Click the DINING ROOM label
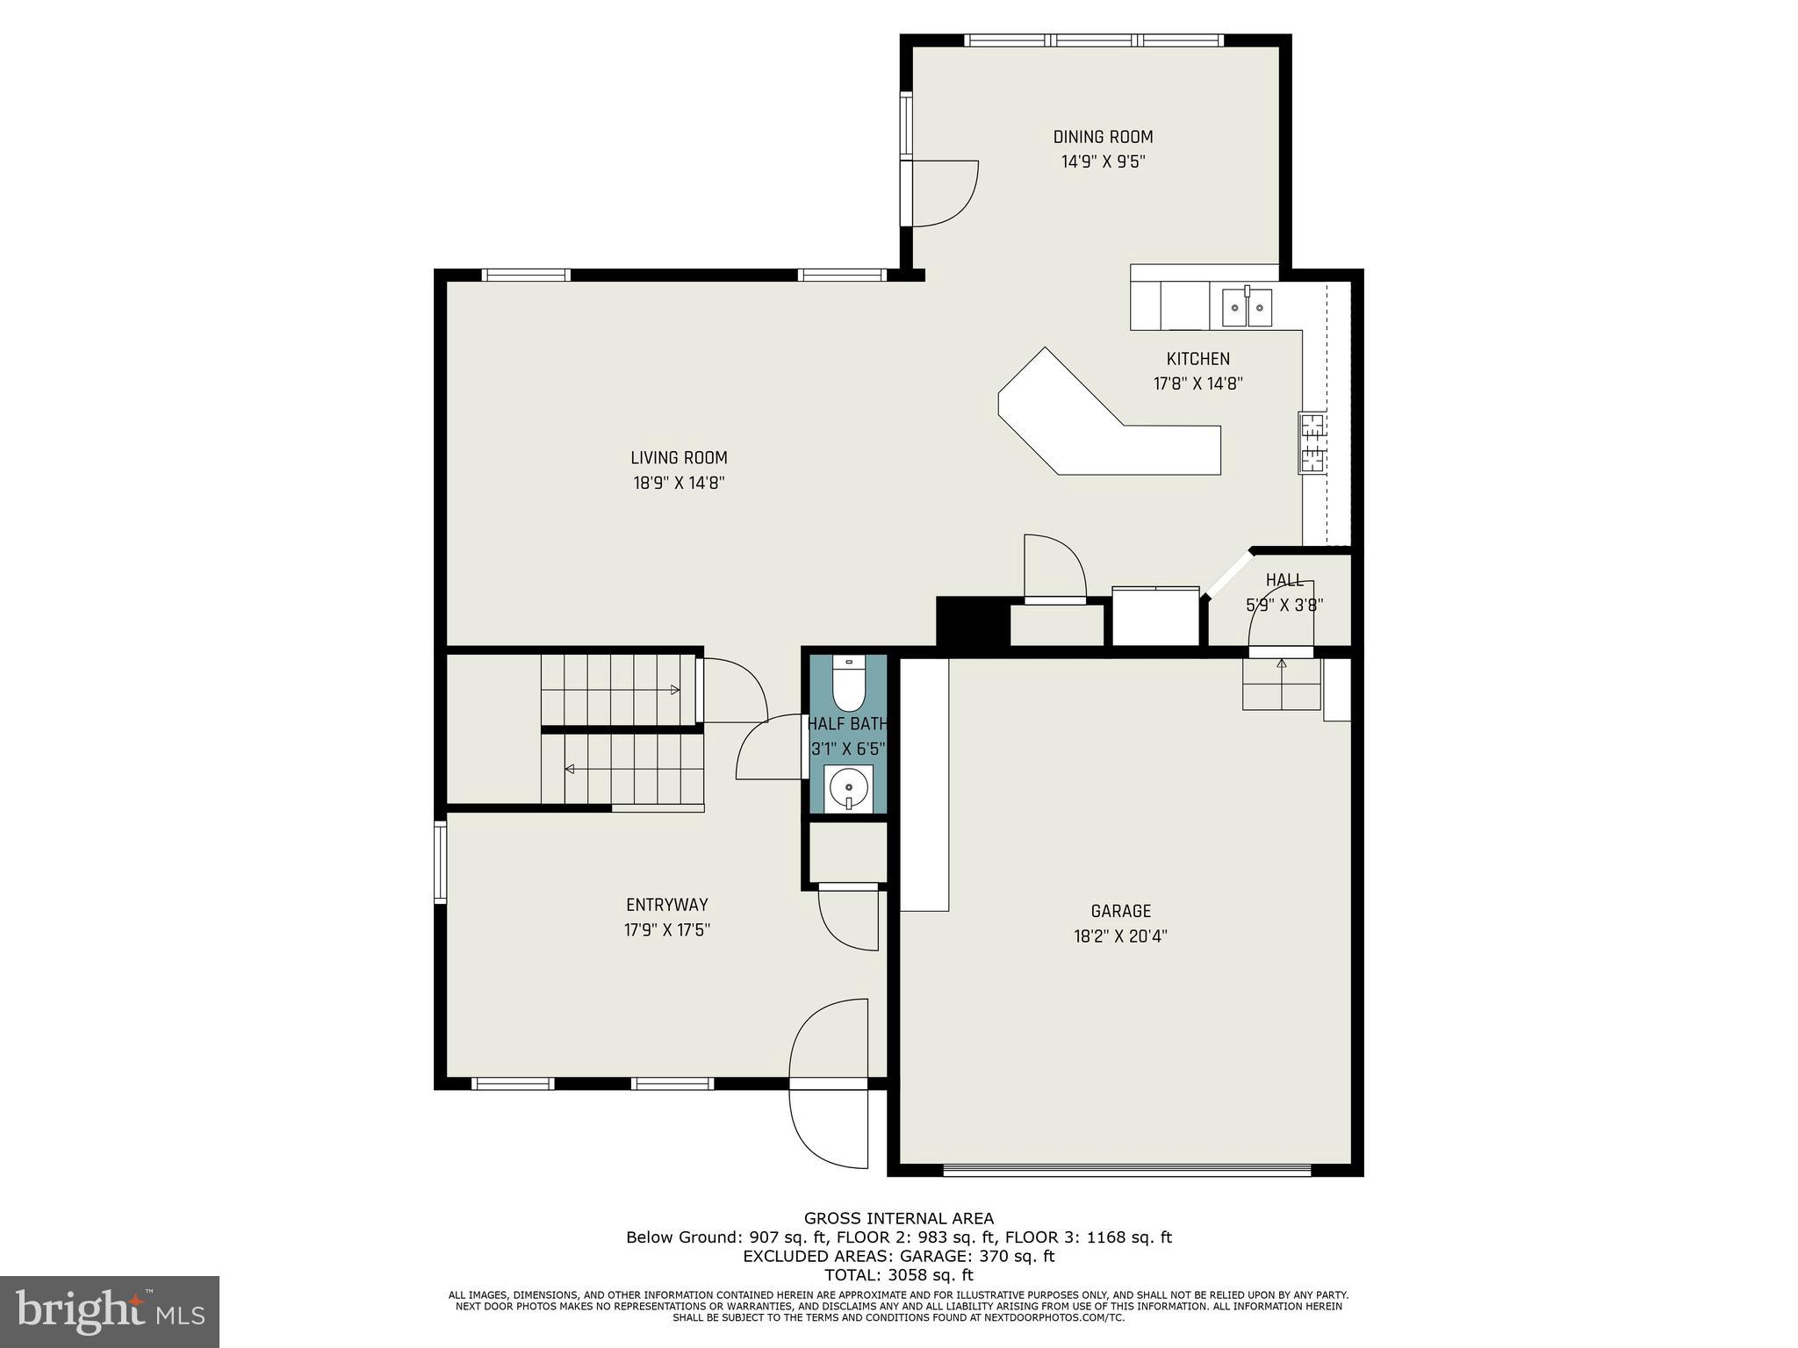[x=1103, y=137]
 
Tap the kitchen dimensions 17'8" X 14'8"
[x=1197, y=384]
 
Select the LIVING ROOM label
[x=679, y=457]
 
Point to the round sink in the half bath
[x=848, y=786]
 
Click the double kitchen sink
[x=1247, y=307]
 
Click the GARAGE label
[x=1120, y=911]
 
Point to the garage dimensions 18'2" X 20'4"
[x=1120, y=936]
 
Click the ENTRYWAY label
[x=666, y=905]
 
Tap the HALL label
[x=1284, y=580]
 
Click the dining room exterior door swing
[x=945, y=193]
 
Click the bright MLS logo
[x=110, y=1311]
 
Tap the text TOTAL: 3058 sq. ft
[x=898, y=1275]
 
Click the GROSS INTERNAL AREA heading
[x=898, y=1218]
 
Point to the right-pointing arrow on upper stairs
[x=674, y=690]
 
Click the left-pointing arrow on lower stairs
[x=570, y=770]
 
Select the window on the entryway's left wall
[x=441, y=862]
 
